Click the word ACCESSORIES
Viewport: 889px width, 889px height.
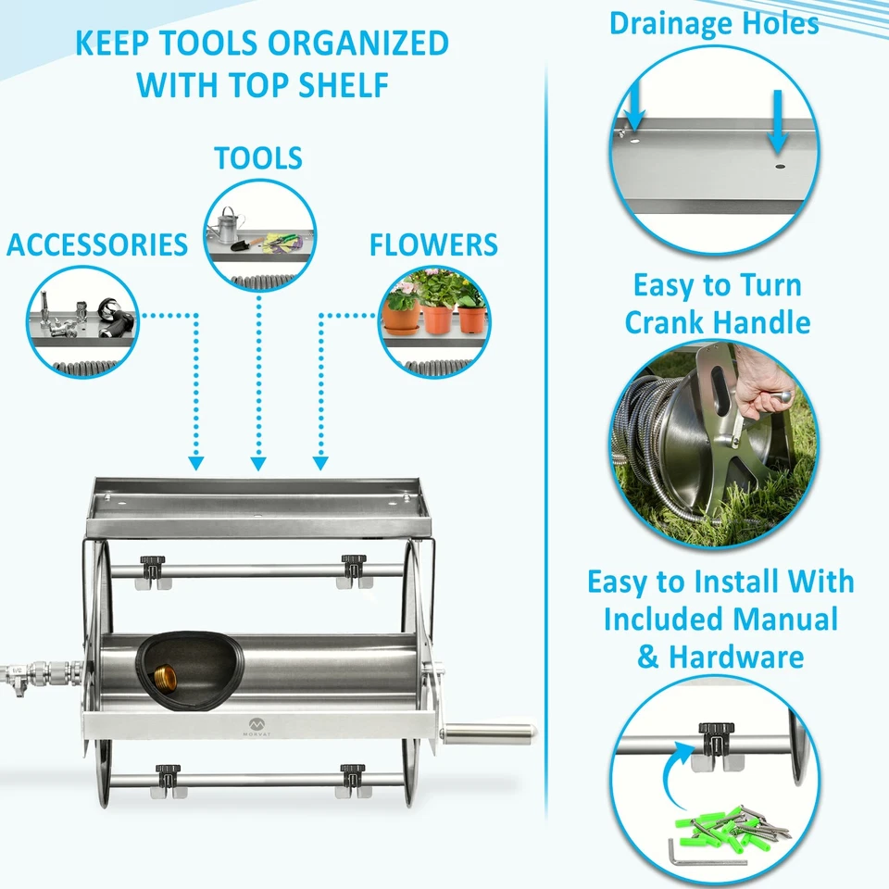click(96, 244)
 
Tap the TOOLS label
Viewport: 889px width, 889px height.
click(258, 157)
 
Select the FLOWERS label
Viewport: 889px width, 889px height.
click(433, 244)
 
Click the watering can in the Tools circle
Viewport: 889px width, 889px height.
click(226, 225)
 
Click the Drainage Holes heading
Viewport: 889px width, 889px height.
click(713, 23)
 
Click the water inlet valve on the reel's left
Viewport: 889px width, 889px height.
click(28, 671)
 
